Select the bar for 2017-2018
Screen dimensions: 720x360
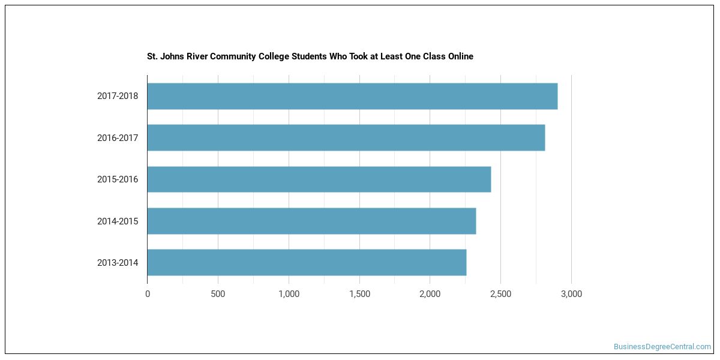point(353,96)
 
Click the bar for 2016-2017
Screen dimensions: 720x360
point(346,137)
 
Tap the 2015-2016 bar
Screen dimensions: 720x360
point(319,179)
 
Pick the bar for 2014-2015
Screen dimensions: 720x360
point(312,221)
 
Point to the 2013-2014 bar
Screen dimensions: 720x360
point(307,263)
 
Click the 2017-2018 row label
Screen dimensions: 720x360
point(118,96)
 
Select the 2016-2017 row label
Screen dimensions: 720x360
point(118,138)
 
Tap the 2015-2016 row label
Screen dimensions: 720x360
point(118,179)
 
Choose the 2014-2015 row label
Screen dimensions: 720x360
point(118,221)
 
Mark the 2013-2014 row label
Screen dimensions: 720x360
point(118,263)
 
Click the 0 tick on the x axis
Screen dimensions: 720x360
point(148,294)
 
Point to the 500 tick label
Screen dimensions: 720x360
point(218,294)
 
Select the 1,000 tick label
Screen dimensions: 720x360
point(289,294)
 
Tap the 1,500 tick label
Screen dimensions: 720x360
point(359,294)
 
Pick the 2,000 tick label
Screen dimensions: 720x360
point(430,294)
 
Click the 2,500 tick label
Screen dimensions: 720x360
point(501,294)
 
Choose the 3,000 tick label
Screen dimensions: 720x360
point(571,294)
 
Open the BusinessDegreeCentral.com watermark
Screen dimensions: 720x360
point(662,347)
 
